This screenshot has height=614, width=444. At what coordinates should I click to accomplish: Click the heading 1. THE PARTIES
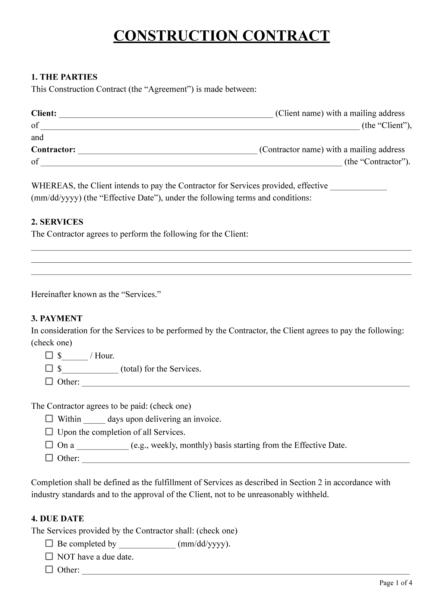pyautogui.click(x=64, y=77)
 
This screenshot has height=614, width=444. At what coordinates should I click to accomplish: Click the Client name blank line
pyautogui.click(x=166, y=114)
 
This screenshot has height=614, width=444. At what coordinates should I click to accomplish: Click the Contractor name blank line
pyautogui.click(x=167, y=150)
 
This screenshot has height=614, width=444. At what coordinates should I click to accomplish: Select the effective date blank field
pyautogui.click(x=358, y=187)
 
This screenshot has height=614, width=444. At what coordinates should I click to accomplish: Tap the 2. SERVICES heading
pyautogui.click(x=57, y=222)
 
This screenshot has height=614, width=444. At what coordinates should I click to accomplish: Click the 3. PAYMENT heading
pyautogui.click(x=57, y=319)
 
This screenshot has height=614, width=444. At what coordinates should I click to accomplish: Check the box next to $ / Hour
pyautogui.click(x=49, y=355)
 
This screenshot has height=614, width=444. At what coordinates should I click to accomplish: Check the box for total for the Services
pyautogui.click(x=49, y=368)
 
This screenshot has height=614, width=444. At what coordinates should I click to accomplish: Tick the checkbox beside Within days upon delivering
pyautogui.click(x=49, y=419)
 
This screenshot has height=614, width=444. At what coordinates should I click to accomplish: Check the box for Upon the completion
pyautogui.click(x=49, y=432)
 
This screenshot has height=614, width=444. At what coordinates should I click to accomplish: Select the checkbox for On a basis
pyautogui.click(x=49, y=445)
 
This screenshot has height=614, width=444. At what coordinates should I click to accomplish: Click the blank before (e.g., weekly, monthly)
pyautogui.click(x=102, y=446)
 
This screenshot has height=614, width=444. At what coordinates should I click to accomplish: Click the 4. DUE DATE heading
pyautogui.click(x=57, y=519)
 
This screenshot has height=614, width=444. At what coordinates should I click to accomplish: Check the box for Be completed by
pyautogui.click(x=49, y=543)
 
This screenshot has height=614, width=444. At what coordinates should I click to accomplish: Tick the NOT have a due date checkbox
pyautogui.click(x=49, y=557)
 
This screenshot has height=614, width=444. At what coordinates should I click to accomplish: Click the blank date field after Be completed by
pyautogui.click(x=147, y=545)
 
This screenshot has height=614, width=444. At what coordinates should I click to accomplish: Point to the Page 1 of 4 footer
pyautogui.click(x=396, y=583)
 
